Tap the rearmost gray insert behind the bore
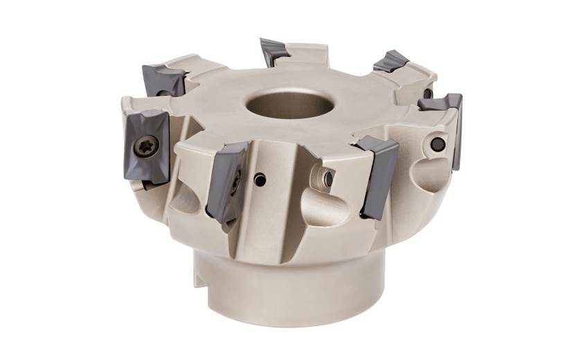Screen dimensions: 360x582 click(276, 51)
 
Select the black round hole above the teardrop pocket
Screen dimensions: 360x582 click(437, 143)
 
